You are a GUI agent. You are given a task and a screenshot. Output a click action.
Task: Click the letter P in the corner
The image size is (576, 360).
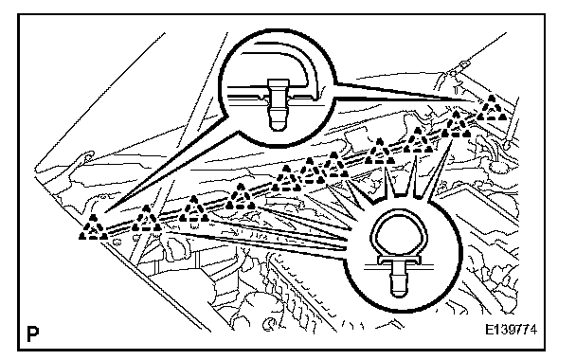33,333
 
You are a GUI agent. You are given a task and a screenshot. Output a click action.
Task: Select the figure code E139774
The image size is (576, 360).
511,329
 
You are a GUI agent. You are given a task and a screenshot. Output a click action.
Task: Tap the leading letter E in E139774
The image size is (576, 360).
489,329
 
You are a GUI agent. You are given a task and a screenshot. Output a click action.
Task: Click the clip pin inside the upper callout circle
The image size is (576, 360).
277,104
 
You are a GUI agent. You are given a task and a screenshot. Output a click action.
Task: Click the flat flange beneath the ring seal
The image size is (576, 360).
399,261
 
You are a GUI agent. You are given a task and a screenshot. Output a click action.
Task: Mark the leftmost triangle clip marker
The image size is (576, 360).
93,227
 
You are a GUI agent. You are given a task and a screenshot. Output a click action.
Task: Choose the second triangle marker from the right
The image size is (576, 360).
456,125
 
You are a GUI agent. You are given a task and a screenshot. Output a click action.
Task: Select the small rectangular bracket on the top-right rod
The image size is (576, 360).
463,65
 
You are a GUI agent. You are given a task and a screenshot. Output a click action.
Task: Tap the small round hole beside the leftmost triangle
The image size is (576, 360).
117,242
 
